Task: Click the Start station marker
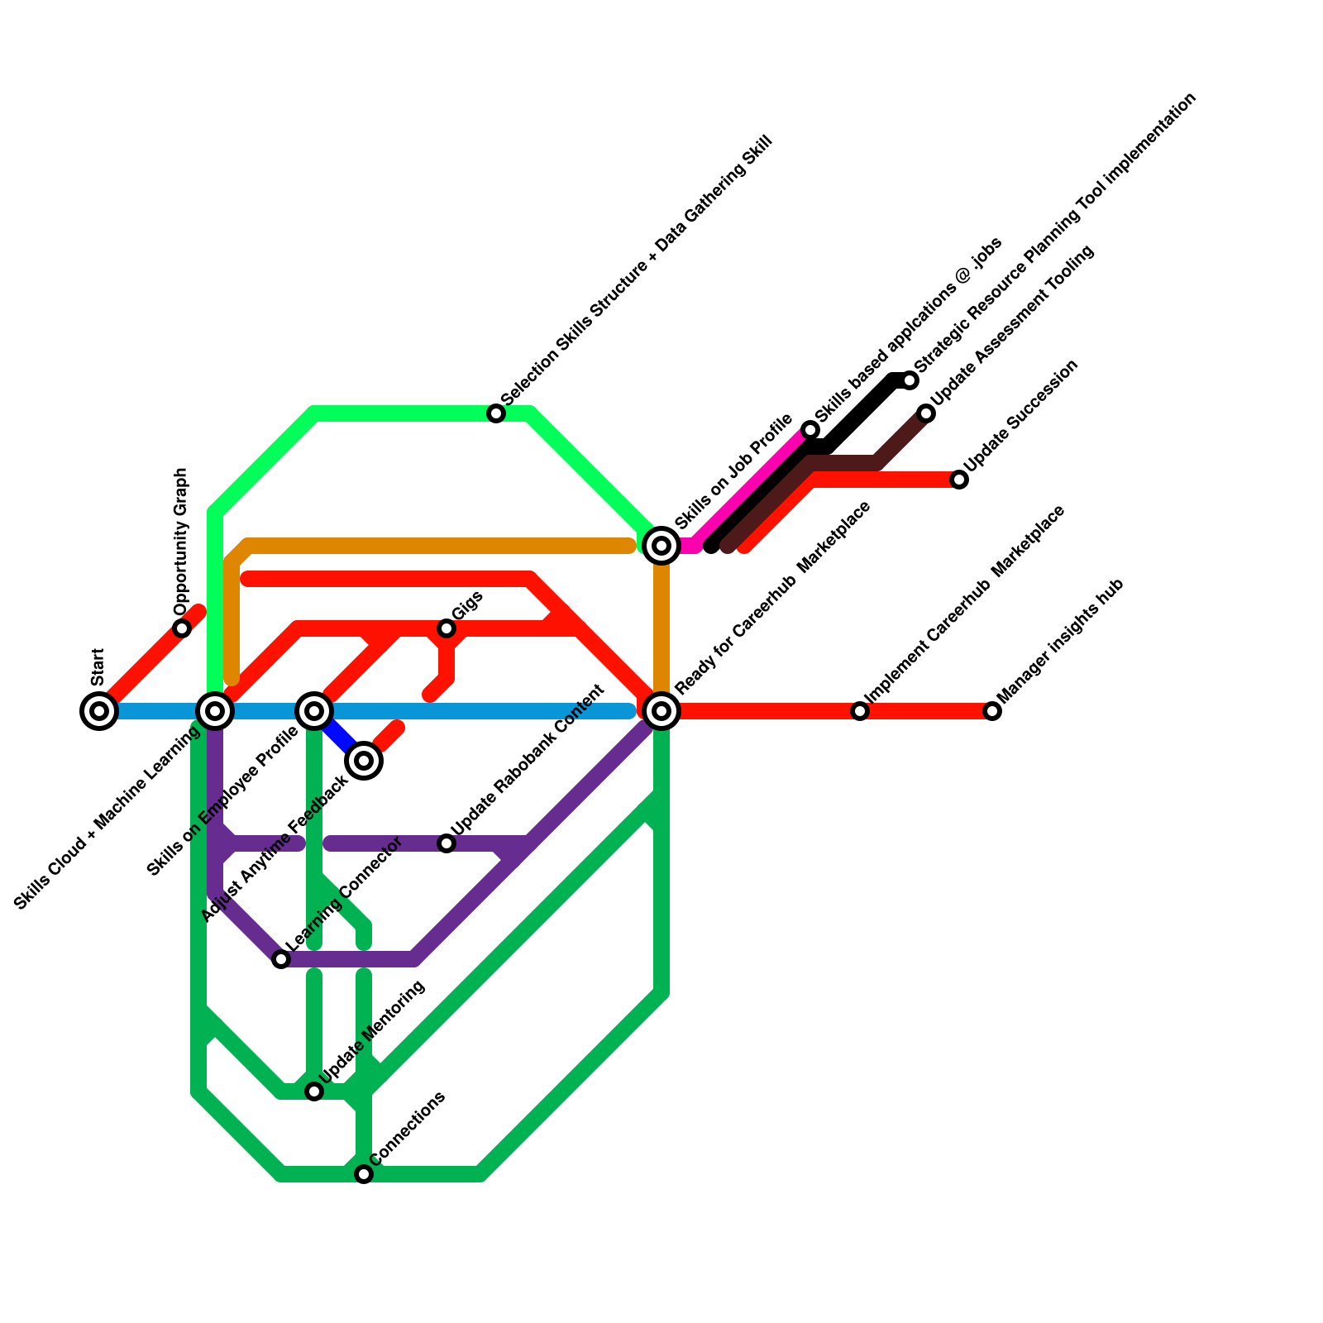[99, 710]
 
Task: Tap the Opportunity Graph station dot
[182, 628]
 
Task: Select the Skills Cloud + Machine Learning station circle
[215, 710]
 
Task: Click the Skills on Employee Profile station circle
[314, 710]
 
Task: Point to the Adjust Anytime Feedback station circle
[364, 760]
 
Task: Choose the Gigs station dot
[447, 628]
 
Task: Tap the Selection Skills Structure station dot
[496, 413]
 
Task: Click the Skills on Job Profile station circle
[661, 546]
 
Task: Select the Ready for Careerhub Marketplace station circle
[661, 710]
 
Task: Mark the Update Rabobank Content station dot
[447, 843]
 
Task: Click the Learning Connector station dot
[281, 959]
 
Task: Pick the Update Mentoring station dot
[314, 1091]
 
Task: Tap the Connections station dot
[364, 1174]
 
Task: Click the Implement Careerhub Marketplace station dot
[860, 711]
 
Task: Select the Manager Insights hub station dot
[992, 711]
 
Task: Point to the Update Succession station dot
[959, 480]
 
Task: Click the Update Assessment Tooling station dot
[927, 413]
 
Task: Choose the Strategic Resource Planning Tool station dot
[910, 380]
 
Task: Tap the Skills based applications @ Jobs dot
[811, 430]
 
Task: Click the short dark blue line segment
[339, 736]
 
